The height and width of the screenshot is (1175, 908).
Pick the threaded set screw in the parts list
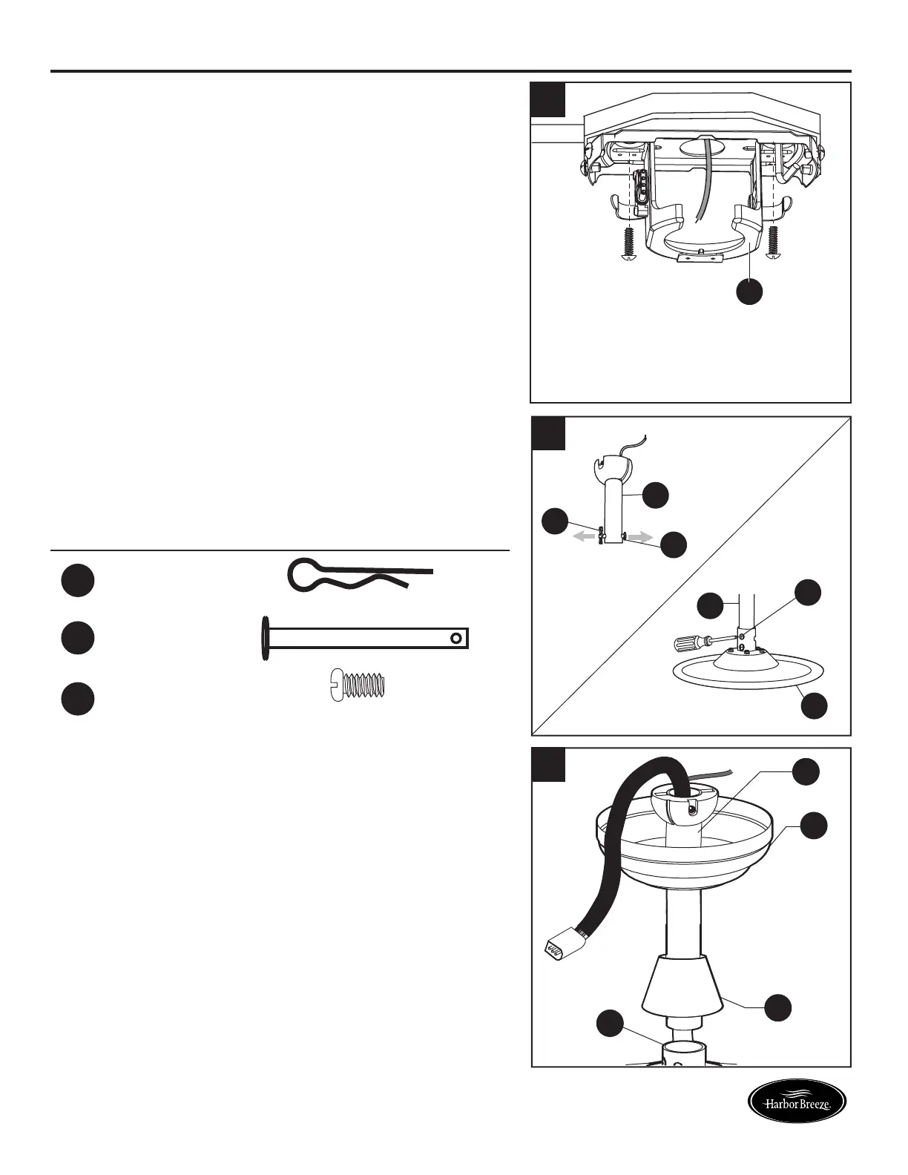pos(358,685)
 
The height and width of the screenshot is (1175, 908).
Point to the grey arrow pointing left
pos(585,536)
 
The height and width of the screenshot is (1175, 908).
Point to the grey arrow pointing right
pos(639,536)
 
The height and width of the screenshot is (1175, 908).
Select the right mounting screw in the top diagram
pos(776,244)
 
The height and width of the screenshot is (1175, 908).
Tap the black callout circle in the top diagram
pos(749,292)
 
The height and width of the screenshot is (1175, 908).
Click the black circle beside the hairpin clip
pos(77,580)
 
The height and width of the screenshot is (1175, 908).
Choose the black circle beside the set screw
pos(77,700)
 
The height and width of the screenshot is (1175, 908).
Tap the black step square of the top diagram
pos(548,99)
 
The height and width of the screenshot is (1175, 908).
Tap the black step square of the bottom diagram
pos(548,764)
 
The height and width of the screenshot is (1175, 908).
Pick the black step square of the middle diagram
pos(548,433)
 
